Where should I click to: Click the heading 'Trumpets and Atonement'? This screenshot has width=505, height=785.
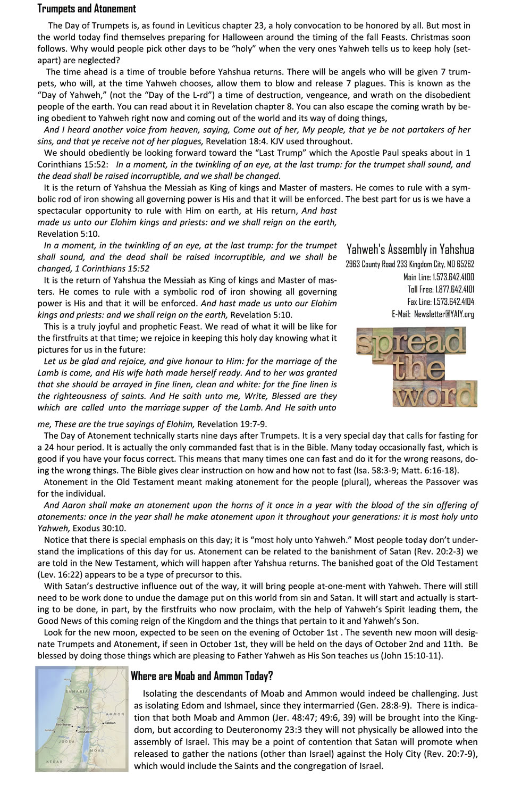click(87, 9)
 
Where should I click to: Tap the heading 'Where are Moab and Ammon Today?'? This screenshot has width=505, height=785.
click(201, 676)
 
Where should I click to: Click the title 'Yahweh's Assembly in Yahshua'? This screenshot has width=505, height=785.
click(410, 249)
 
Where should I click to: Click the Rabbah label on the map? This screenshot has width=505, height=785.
click(110, 723)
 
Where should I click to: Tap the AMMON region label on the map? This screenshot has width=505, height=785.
click(115, 714)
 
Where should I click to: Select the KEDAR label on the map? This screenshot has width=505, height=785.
click(55, 762)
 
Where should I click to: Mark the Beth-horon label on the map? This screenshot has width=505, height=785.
click(64, 724)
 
